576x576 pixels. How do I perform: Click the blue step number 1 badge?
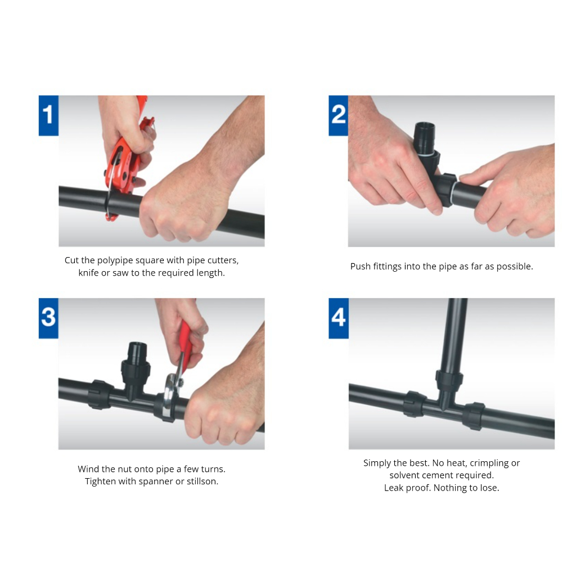tap(48, 115)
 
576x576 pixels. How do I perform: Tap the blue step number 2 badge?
tap(338, 115)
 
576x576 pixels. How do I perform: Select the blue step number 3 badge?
tap(48, 318)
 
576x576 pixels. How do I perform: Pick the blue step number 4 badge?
tap(338, 318)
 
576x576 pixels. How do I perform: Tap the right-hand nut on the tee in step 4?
tap(474, 416)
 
